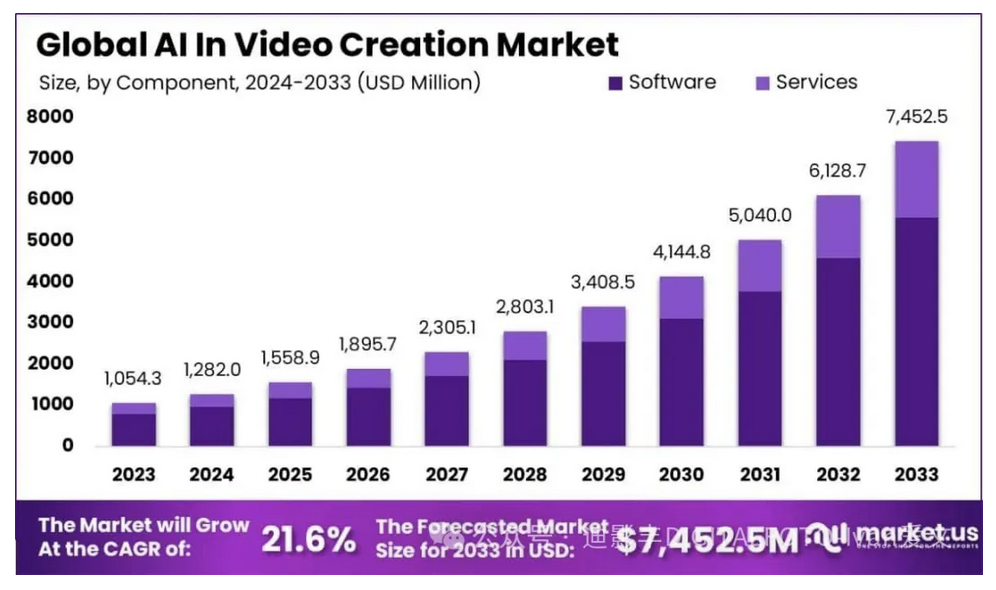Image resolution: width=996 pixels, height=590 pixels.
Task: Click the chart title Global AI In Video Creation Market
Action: click(327, 44)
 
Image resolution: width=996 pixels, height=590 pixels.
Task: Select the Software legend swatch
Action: click(614, 82)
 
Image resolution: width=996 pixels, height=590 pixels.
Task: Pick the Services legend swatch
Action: click(761, 82)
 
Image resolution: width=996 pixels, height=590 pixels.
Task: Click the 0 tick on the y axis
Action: click(67, 445)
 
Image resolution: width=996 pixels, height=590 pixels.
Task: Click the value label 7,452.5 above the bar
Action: click(916, 117)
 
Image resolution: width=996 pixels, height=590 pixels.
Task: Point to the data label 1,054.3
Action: click(133, 379)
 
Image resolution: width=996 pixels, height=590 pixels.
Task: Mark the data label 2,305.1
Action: click(446, 327)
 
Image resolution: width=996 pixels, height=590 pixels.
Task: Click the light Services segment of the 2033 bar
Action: click(916, 180)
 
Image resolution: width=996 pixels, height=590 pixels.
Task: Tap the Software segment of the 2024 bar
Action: click(211, 426)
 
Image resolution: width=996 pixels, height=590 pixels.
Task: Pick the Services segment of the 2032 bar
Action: click(838, 227)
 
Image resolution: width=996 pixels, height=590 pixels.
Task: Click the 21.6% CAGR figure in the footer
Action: click(308, 541)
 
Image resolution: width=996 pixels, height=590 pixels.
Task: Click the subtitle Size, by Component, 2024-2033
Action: click(259, 83)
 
